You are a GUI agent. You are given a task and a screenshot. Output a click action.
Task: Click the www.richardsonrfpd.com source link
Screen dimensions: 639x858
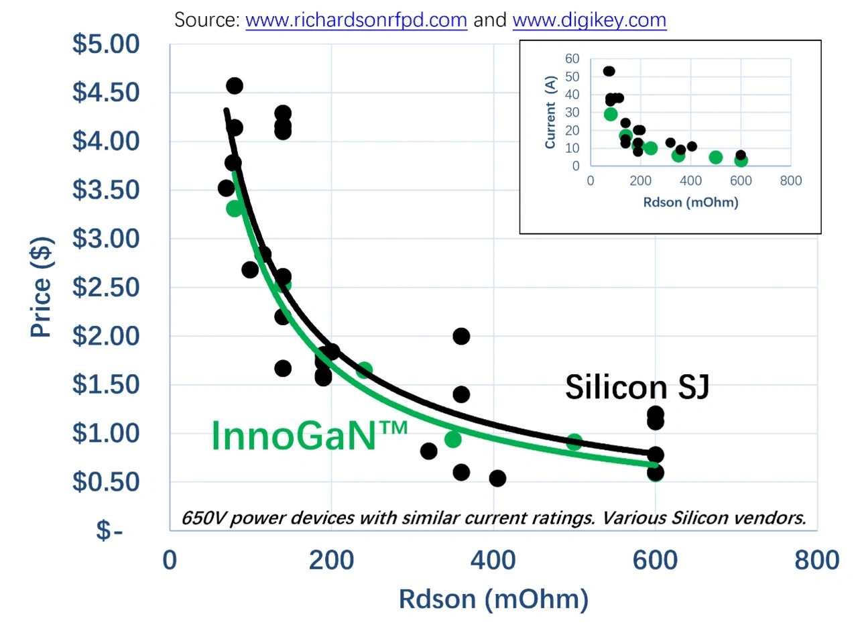[x=356, y=20]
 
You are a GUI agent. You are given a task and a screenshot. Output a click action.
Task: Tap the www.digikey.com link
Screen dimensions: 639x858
[x=589, y=20]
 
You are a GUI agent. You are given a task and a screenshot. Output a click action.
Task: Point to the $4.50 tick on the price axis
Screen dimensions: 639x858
[x=106, y=93]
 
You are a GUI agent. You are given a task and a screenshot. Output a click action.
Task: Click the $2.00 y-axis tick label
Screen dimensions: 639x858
[x=106, y=336]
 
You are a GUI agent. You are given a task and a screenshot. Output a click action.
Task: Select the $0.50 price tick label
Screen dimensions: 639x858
[x=106, y=482]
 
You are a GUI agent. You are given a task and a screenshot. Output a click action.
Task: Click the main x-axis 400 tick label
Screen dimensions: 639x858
[x=493, y=560]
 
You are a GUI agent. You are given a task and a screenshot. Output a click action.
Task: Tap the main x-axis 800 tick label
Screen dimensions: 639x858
[x=816, y=560]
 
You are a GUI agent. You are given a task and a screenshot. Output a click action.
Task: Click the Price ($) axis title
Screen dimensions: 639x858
[x=41, y=287]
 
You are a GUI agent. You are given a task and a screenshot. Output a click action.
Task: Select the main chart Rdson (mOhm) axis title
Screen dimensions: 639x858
[x=493, y=599]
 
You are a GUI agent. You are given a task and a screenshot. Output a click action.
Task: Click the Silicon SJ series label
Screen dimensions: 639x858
[x=637, y=388]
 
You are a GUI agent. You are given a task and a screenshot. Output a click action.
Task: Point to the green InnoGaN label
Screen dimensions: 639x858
[x=309, y=436]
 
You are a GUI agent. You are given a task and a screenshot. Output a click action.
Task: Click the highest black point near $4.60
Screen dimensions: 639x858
[x=235, y=86]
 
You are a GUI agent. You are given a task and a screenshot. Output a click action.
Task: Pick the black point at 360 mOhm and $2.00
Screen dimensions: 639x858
[x=461, y=336]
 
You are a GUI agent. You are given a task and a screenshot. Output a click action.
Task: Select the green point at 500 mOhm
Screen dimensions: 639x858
[x=574, y=442]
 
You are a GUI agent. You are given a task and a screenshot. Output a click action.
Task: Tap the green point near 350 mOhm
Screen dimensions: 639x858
[x=453, y=439]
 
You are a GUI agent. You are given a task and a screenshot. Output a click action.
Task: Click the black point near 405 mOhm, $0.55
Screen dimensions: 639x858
[x=497, y=478]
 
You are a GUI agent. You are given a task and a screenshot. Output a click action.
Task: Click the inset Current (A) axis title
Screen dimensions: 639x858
[x=550, y=112]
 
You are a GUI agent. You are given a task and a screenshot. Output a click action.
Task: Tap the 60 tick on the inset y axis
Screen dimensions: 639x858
[x=572, y=59]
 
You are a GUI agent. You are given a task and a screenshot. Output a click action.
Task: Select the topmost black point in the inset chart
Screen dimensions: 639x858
[x=609, y=71]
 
